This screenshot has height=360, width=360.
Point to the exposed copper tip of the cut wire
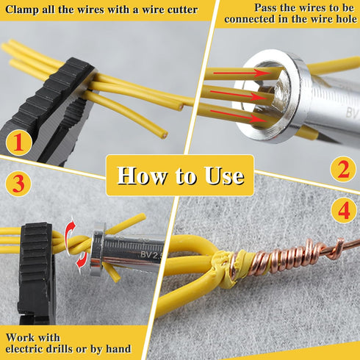coord(164,135)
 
